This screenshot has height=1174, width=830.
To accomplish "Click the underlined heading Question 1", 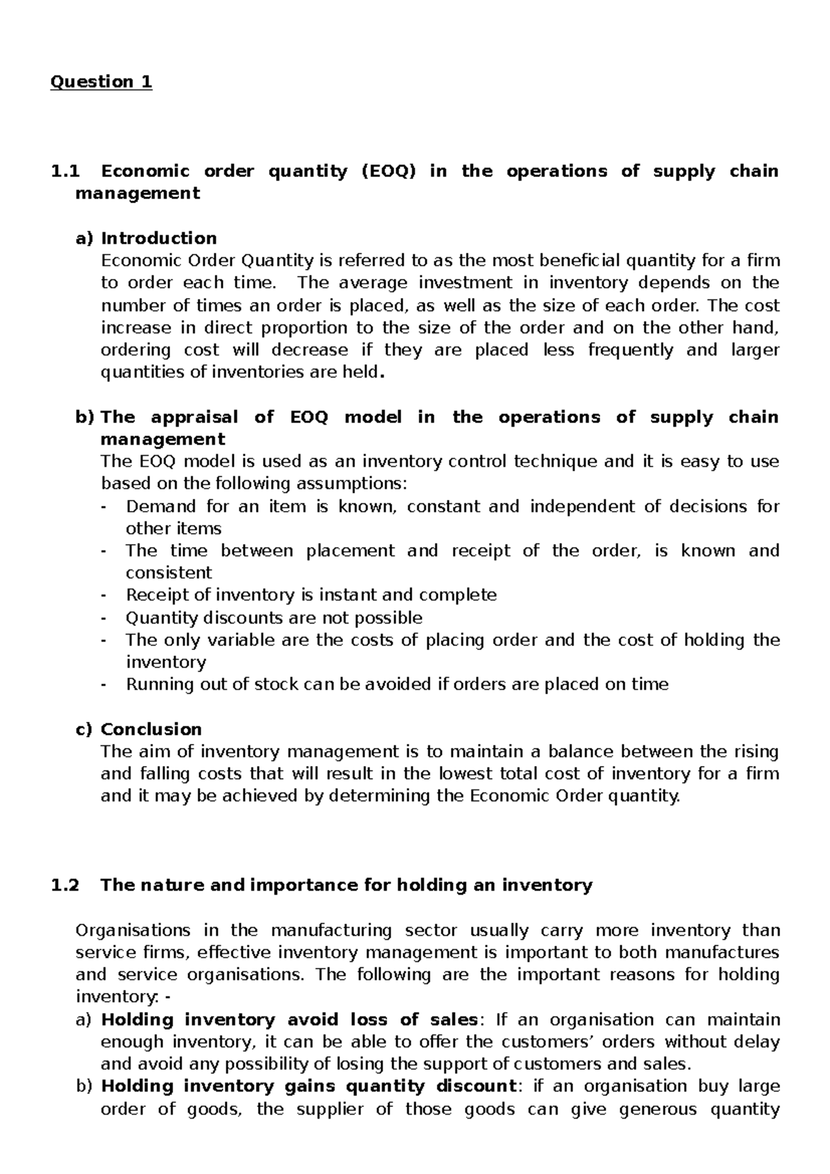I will (101, 82).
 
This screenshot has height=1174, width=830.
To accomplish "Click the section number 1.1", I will (65, 171).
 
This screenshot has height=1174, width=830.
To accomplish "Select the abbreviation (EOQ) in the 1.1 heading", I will (388, 171).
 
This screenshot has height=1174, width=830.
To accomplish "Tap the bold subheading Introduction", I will (158, 238).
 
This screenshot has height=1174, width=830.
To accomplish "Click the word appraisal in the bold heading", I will (194, 417).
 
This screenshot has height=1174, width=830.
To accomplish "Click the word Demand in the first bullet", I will (160, 506).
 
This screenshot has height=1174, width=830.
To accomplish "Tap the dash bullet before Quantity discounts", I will (104, 617).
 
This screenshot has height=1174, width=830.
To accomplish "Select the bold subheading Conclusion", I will (151, 729).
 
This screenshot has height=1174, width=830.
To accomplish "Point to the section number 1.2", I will (65, 885).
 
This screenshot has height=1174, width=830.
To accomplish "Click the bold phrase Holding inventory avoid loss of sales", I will (289, 1019).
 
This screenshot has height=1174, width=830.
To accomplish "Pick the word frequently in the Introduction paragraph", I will (630, 350).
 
